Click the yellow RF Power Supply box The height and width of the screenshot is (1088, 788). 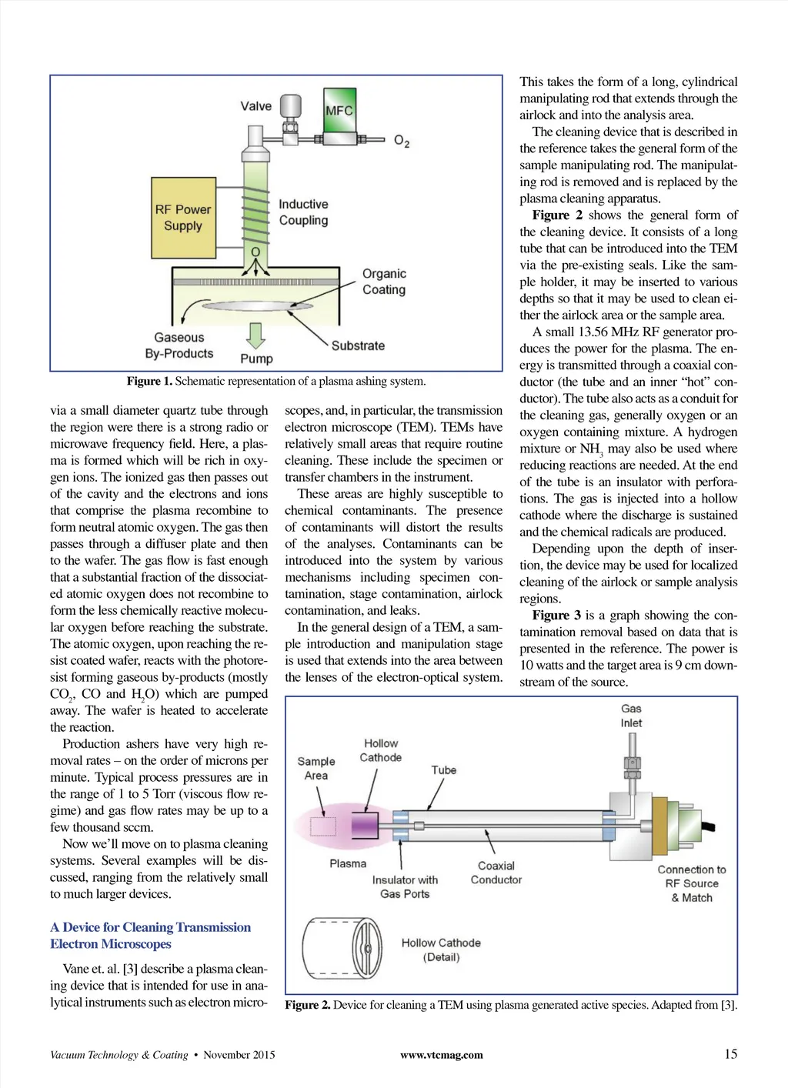pyautogui.click(x=183, y=218)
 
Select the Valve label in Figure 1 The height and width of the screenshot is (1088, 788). pyautogui.click(x=255, y=106)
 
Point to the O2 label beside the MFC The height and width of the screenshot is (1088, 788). pyautogui.click(x=402, y=141)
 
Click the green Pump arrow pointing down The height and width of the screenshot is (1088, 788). pyautogui.click(x=255, y=335)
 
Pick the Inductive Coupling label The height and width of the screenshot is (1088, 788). pyautogui.click(x=303, y=212)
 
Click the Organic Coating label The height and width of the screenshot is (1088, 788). pyautogui.click(x=384, y=282)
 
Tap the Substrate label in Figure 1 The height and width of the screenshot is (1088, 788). pyautogui.click(x=358, y=345)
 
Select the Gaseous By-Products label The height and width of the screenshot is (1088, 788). pyautogui.click(x=179, y=345)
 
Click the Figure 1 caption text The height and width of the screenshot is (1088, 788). pyautogui.click(x=276, y=382)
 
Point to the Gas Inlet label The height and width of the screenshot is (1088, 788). pyautogui.click(x=631, y=716)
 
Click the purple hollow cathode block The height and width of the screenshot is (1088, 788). pyautogui.click(x=364, y=825)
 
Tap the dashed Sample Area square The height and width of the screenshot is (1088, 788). pyautogui.click(x=323, y=826)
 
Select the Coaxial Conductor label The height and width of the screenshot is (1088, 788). pyautogui.click(x=496, y=873)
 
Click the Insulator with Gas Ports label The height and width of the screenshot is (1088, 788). pyautogui.click(x=405, y=886)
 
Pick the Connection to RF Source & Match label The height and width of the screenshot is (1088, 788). pyautogui.click(x=691, y=883)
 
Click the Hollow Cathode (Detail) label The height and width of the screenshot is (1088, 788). pyautogui.click(x=441, y=949)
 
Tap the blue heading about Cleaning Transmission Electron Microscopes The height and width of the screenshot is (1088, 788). pyautogui.click(x=150, y=936)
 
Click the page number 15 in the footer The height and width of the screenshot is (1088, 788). pyautogui.click(x=730, y=1054)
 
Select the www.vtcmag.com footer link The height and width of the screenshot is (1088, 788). pyautogui.click(x=442, y=1055)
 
